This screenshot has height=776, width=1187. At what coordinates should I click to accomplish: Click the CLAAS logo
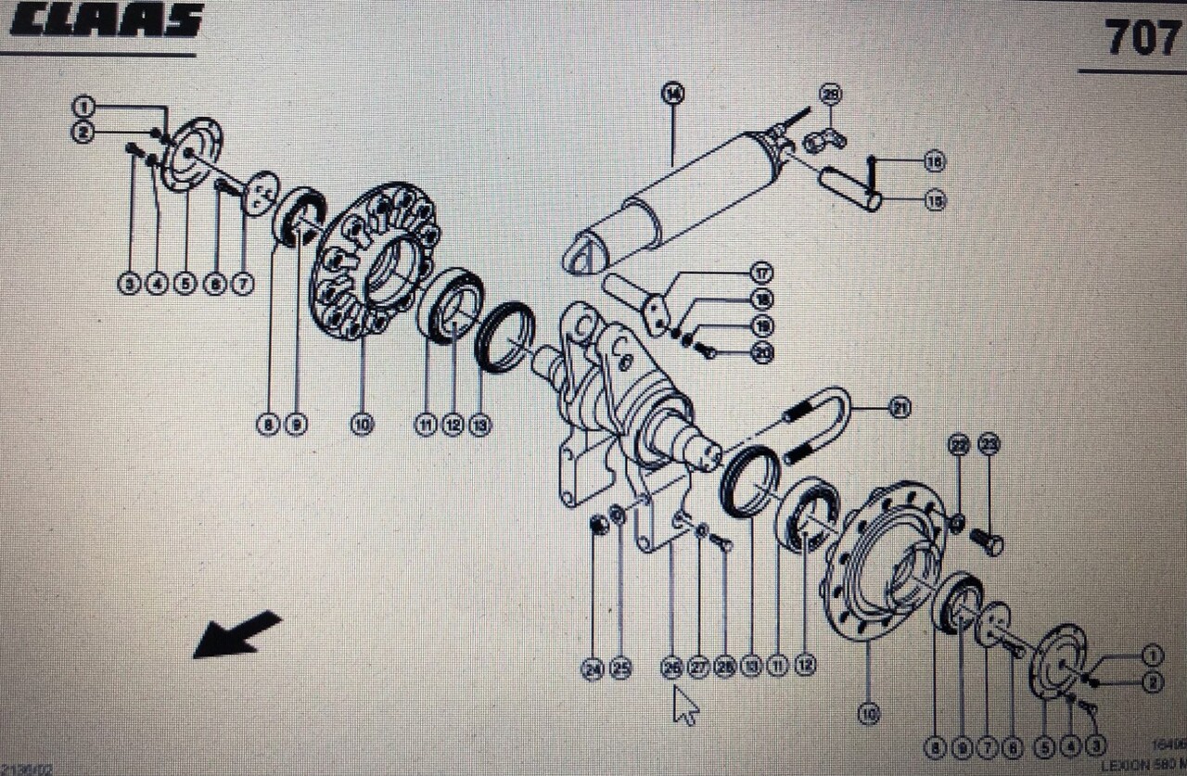106,20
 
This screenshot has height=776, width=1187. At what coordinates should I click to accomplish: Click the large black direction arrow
236,634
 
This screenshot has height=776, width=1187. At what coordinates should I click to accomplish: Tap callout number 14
672,93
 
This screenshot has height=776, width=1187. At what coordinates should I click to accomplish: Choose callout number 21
899,407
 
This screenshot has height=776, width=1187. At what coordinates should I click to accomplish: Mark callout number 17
762,273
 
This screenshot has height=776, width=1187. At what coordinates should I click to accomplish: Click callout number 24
593,668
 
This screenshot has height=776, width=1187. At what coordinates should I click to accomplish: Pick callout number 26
672,668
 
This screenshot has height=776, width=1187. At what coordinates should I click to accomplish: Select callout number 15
935,200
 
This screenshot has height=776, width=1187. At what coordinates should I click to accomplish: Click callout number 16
935,161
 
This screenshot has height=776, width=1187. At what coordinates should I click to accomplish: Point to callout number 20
762,353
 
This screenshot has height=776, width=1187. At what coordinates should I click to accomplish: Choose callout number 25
620,668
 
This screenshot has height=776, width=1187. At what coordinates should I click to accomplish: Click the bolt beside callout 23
987,541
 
